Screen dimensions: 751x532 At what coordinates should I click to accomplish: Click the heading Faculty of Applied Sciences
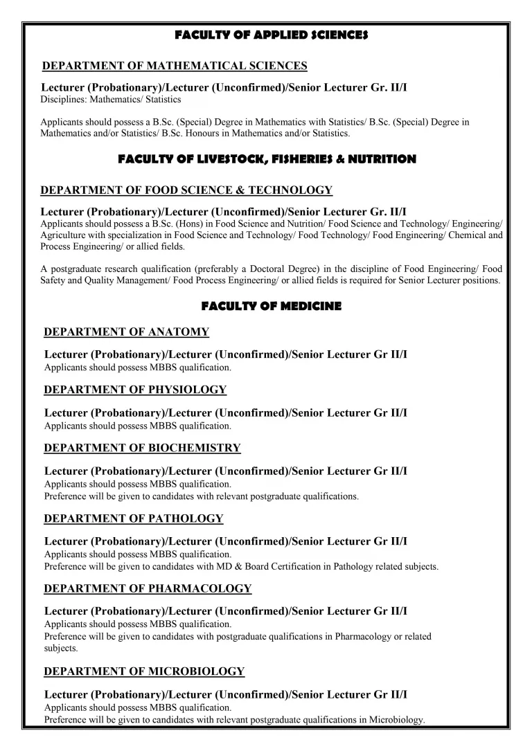(272, 34)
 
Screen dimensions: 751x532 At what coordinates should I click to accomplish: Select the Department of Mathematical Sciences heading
(175, 66)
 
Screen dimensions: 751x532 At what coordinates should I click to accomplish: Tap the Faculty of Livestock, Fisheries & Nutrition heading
(267, 159)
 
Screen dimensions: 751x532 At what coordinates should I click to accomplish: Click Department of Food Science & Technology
(186, 190)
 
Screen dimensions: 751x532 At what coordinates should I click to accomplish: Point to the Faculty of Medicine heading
(272, 306)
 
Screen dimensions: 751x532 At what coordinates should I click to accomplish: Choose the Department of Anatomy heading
(126, 332)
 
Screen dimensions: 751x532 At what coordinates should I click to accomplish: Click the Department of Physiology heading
(135, 390)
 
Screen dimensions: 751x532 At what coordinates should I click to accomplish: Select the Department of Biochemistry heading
(142, 448)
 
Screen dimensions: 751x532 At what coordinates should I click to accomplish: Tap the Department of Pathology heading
(133, 518)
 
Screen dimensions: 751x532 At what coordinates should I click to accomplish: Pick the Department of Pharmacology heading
(148, 588)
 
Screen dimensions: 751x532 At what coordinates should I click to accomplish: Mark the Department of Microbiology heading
(144, 671)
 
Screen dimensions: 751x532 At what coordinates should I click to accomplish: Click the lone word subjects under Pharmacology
(61, 649)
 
